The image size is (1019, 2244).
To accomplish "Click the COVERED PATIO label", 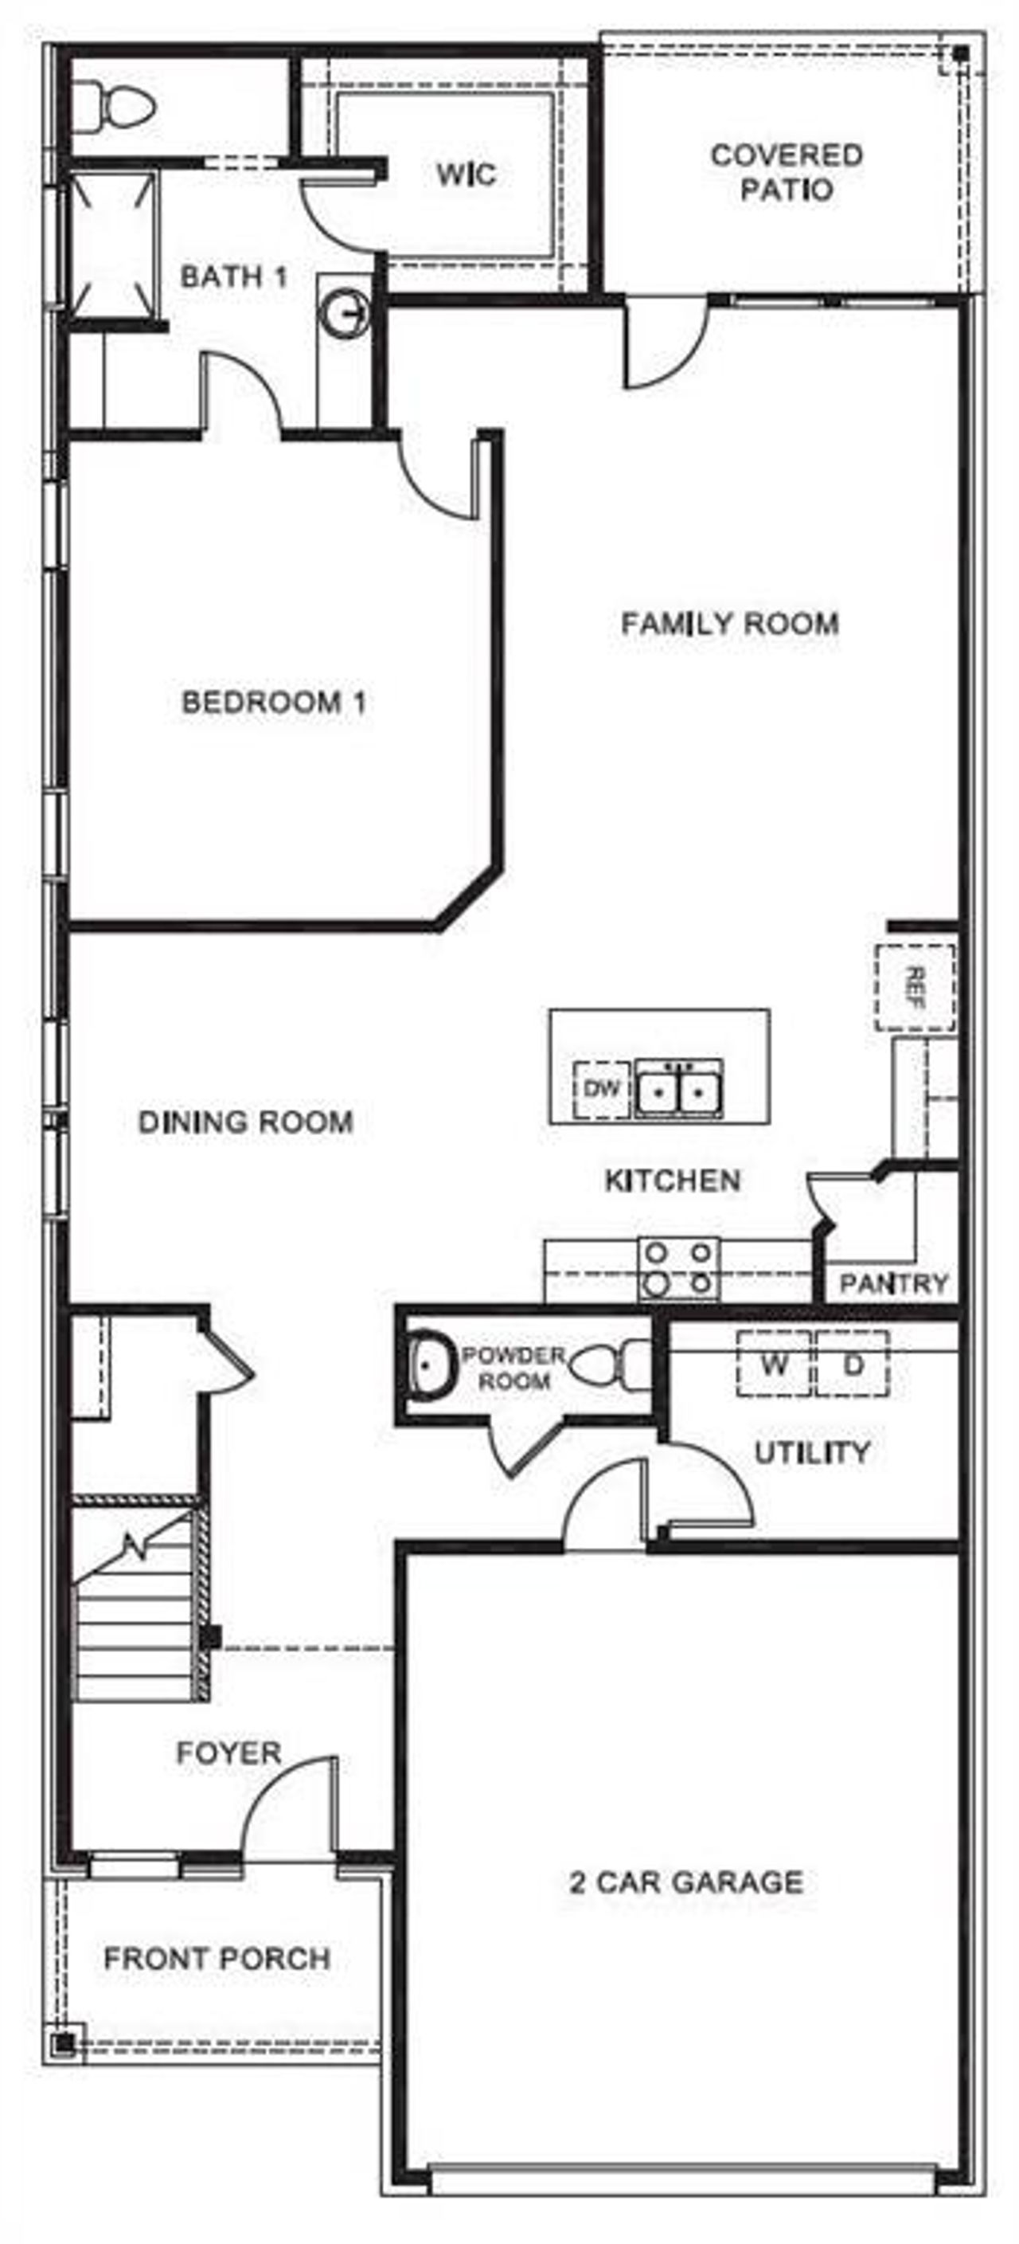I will coord(787,173).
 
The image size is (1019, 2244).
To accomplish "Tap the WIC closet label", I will coord(466,174).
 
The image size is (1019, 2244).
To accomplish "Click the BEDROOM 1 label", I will coord(274,702).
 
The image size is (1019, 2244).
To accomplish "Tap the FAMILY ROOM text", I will coord(730,624).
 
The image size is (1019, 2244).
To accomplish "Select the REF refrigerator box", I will coord(915,988).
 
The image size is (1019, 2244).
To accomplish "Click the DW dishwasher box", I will coord(602,1089).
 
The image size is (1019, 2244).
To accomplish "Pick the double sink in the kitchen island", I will coord(678,1089).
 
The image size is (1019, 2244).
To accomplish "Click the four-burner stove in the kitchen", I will coord(678,1268).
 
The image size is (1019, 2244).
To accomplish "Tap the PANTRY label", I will coord(892,1283).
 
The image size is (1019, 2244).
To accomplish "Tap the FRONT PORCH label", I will coord(217,1959).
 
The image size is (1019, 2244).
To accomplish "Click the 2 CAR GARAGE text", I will coord(685,1882).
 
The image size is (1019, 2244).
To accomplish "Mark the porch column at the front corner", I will coord(64,2042).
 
